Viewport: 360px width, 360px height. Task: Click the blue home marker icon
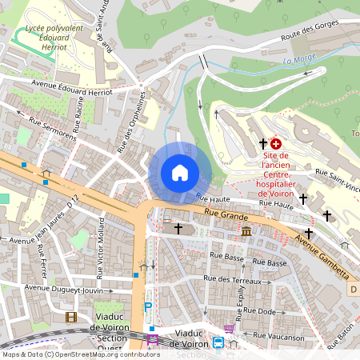(x=180, y=173)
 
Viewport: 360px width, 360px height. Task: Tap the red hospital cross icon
(x=276, y=143)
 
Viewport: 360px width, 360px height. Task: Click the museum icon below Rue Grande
(x=246, y=231)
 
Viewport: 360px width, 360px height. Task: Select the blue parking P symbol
(x=146, y=306)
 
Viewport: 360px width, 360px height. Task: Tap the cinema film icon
(x=71, y=318)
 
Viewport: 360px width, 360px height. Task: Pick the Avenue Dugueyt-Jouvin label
(x=63, y=289)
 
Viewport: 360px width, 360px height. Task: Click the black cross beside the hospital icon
(x=262, y=144)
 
